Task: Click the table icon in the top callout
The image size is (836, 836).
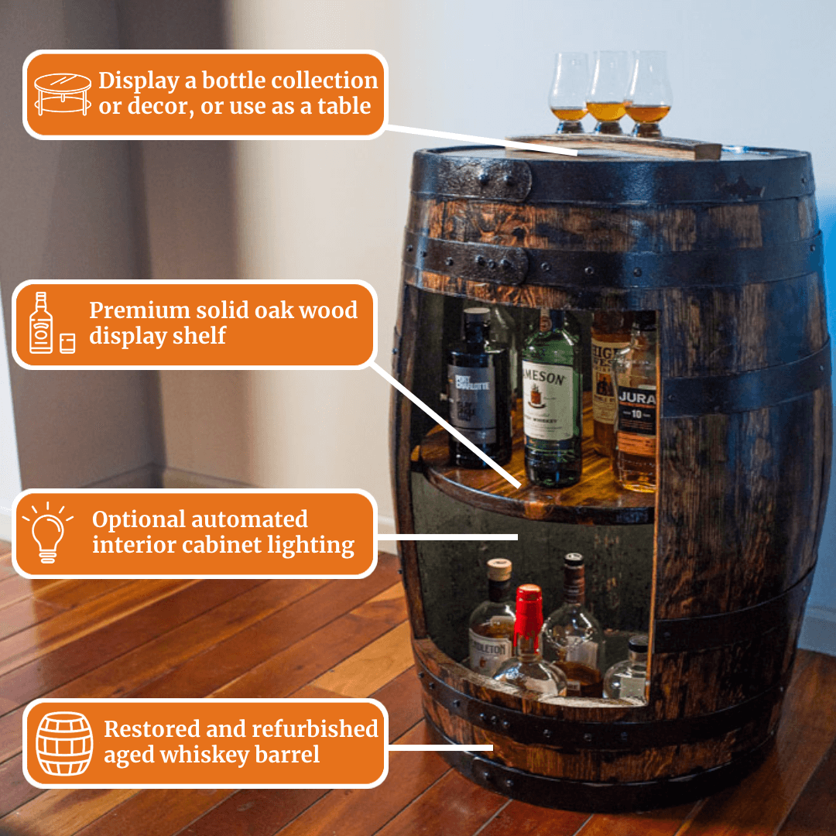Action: click(x=62, y=94)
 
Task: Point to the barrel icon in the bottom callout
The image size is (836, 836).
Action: click(x=64, y=743)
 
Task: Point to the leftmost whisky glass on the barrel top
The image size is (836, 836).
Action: click(x=569, y=93)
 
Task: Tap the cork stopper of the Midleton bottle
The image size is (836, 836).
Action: click(x=499, y=569)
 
